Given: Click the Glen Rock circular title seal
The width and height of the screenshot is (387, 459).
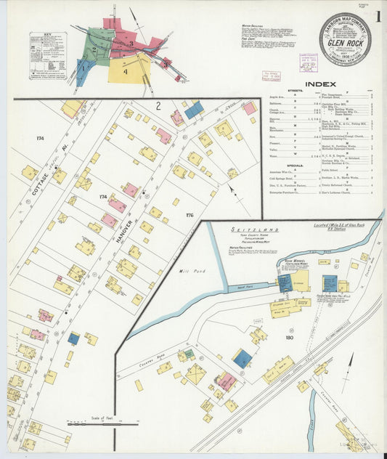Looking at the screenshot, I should coord(344,39).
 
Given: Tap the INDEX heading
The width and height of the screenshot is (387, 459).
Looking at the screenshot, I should coord(319,84).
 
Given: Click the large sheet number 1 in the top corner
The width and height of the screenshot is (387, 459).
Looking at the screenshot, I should coord(379,17).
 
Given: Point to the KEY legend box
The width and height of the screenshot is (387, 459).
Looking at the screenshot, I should coord(47,55).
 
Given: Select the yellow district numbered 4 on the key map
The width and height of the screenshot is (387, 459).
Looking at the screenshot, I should coord(127,70).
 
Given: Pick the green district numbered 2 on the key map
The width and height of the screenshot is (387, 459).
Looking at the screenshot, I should coord(95,49).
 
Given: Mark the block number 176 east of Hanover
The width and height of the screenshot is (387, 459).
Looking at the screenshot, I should coord(190,214).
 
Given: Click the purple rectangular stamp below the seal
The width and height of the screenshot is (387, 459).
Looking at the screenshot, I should coord(344,73).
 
